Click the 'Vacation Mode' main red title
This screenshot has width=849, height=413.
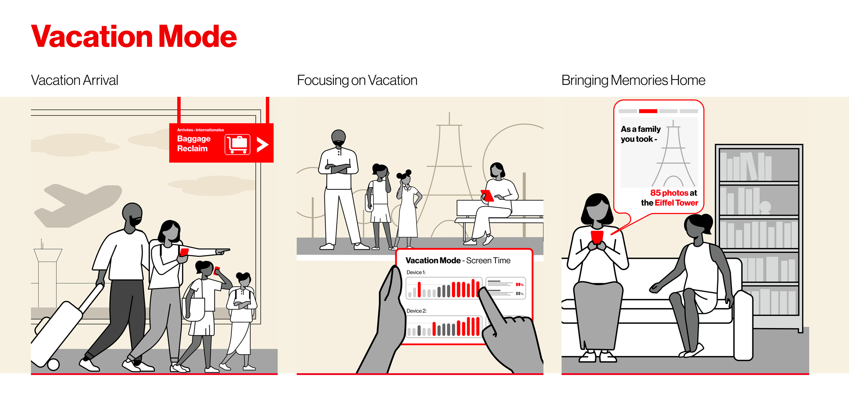[134, 36]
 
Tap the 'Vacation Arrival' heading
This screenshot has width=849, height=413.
[74, 80]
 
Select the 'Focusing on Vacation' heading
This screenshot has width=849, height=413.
[357, 80]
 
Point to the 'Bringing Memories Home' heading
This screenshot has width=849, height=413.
[633, 80]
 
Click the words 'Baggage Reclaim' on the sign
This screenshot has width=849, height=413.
[194, 144]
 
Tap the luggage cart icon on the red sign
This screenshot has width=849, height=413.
[237, 144]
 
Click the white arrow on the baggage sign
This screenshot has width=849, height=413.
[262, 145]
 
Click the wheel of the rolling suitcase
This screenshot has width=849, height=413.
[53, 364]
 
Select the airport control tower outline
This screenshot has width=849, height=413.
[48, 268]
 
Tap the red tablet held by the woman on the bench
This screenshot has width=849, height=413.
[487, 196]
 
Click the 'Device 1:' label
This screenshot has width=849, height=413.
[416, 272]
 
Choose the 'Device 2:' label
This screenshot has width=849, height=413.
[416, 311]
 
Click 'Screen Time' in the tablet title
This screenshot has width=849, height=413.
[488, 261]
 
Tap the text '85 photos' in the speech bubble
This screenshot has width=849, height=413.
[665, 193]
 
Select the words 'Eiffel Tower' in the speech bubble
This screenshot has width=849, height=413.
[676, 203]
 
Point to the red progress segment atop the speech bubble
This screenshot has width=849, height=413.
[648, 111]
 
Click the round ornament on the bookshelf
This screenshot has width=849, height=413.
[765, 206]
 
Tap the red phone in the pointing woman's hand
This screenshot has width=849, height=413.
[184, 252]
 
